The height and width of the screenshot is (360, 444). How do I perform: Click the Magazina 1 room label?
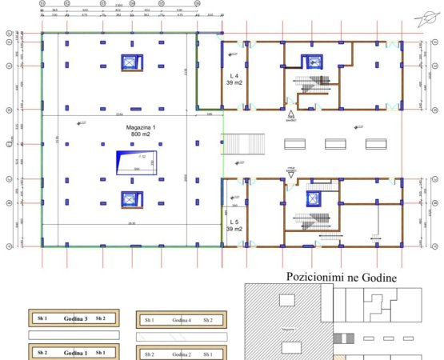point(141,127)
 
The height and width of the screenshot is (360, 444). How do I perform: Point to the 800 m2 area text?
point(141,134)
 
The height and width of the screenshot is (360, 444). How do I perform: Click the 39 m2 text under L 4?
point(235,82)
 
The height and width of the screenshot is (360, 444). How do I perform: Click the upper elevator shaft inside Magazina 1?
point(129,62)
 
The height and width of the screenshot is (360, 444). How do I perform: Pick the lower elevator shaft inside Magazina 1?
point(129,198)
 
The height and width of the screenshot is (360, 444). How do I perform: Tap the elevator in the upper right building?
point(310,61)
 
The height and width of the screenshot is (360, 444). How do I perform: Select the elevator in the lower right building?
point(310,197)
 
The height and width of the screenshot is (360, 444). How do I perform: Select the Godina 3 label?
point(75,318)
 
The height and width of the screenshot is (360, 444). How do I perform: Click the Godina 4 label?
point(182,320)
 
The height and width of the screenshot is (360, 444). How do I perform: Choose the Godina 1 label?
point(75,353)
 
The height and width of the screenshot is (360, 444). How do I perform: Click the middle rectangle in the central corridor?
point(335,144)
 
